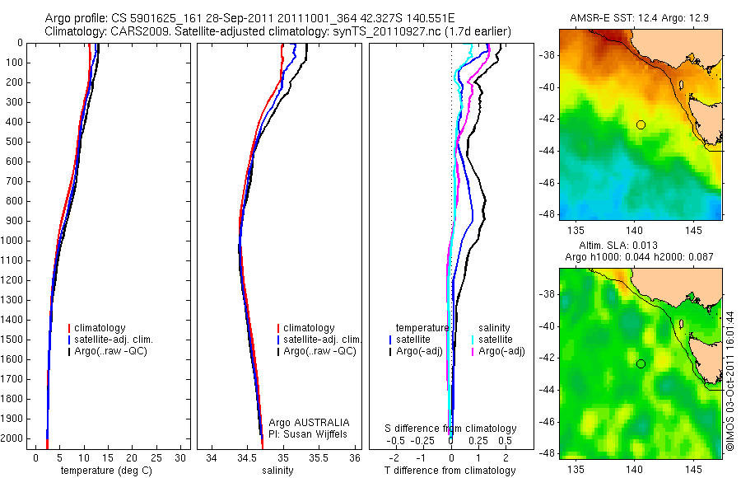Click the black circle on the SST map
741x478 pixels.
[641, 124]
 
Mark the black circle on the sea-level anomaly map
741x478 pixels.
[641, 363]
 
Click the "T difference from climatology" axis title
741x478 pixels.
[450, 471]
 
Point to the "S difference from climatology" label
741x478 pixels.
[450, 429]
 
